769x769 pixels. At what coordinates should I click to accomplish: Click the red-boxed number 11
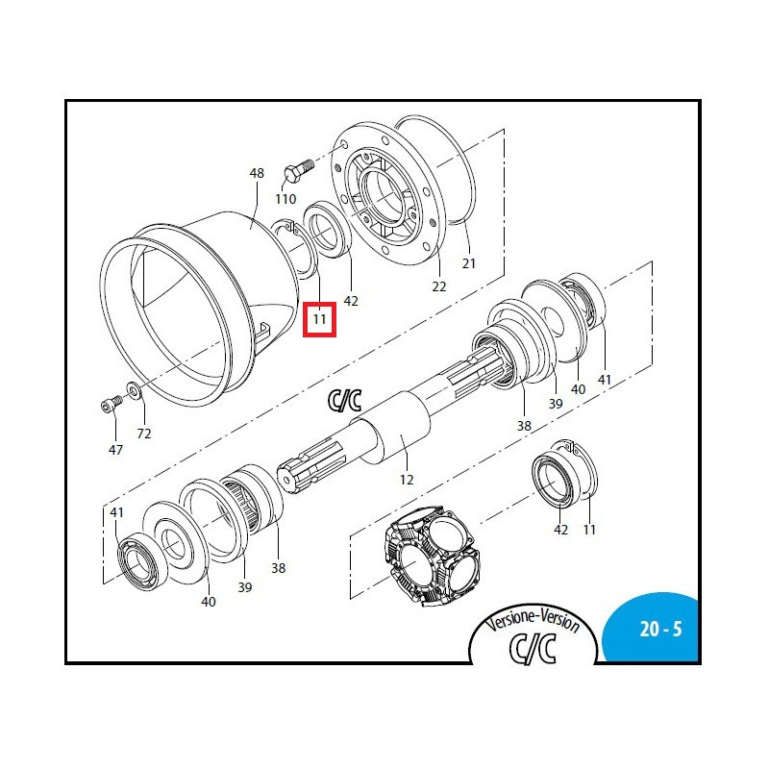(x=319, y=319)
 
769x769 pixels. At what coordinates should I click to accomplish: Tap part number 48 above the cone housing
(x=257, y=173)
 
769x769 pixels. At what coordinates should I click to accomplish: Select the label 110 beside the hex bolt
(x=285, y=199)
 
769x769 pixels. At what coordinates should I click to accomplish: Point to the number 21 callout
(x=469, y=263)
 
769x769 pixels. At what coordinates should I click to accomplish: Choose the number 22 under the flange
(x=439, y=286)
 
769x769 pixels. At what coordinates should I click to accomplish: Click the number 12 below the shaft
(x=407, y=480)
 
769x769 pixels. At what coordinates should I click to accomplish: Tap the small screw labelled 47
(x=112, y=403)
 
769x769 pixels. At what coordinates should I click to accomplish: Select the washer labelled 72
(x=134, y=390)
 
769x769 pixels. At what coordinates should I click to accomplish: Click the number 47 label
(x=115, y=450)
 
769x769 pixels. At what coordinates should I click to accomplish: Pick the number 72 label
(x=143, y=434)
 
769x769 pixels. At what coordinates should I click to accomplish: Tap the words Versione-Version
(x=533, y=621)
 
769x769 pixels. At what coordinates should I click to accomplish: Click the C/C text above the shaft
(x=345, y=401)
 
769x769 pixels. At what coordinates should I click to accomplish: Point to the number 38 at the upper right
(x=524, y=426)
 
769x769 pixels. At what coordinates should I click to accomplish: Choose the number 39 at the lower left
(x=245, y=587)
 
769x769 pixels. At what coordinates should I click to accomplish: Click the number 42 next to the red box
(x=351, y=301)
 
